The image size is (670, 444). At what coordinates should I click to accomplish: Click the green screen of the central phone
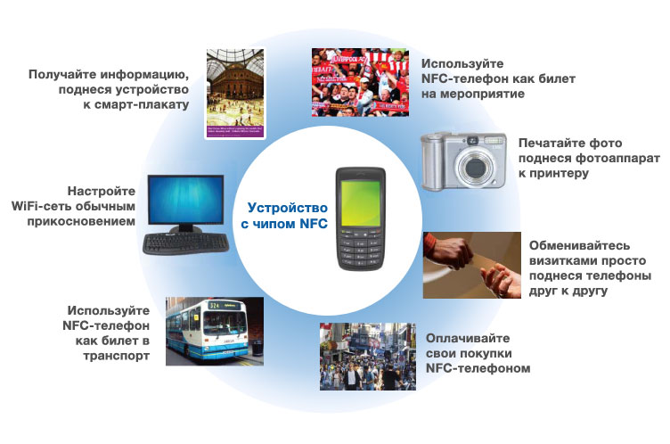[x=361, y=203]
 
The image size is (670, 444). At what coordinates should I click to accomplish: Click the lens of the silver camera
[x=475, y=168]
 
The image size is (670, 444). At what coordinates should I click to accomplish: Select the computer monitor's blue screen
[x=186, y=200]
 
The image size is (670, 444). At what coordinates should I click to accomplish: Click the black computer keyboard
[x=185, y=243]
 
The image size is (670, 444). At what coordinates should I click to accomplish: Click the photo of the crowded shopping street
[x=367, y=357]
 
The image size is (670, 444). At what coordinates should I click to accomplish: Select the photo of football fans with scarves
[x=360, y=82]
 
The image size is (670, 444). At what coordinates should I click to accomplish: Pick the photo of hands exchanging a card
[x=471, y=265]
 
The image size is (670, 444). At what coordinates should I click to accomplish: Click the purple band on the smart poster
[x=235, y=131]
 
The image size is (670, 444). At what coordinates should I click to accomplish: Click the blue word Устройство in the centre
[x=287, y=208]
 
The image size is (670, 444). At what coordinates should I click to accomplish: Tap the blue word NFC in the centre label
[x=314, y=223]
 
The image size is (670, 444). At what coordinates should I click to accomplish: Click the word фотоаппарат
[x=617, y=159]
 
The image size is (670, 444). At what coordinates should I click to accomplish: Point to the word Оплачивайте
[x=468, y=338]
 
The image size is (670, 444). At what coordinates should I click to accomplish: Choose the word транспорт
[x=116, y=356]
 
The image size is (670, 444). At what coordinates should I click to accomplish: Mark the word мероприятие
[x=482, y=94]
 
